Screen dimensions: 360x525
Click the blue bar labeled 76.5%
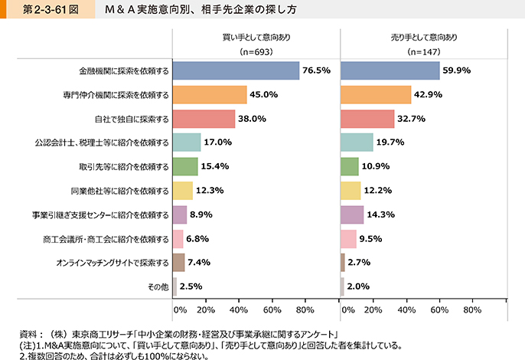236,70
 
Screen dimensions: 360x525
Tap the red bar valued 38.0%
204,119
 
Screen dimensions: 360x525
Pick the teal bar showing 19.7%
356,142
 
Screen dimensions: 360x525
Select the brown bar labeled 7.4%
179,263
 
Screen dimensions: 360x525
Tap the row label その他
158,287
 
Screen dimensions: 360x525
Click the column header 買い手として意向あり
256,37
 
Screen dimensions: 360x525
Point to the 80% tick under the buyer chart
305,310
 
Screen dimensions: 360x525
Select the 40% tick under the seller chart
406,310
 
